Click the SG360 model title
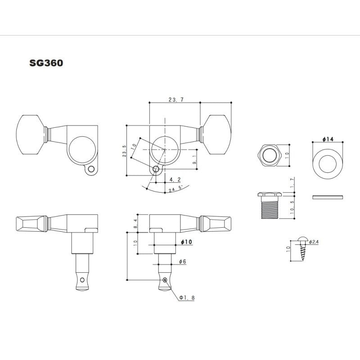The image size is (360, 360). [46, 63]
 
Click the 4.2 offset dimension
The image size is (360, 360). [175, 179]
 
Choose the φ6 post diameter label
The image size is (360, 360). [182, 261]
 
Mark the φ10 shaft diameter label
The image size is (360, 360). [186, 242]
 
